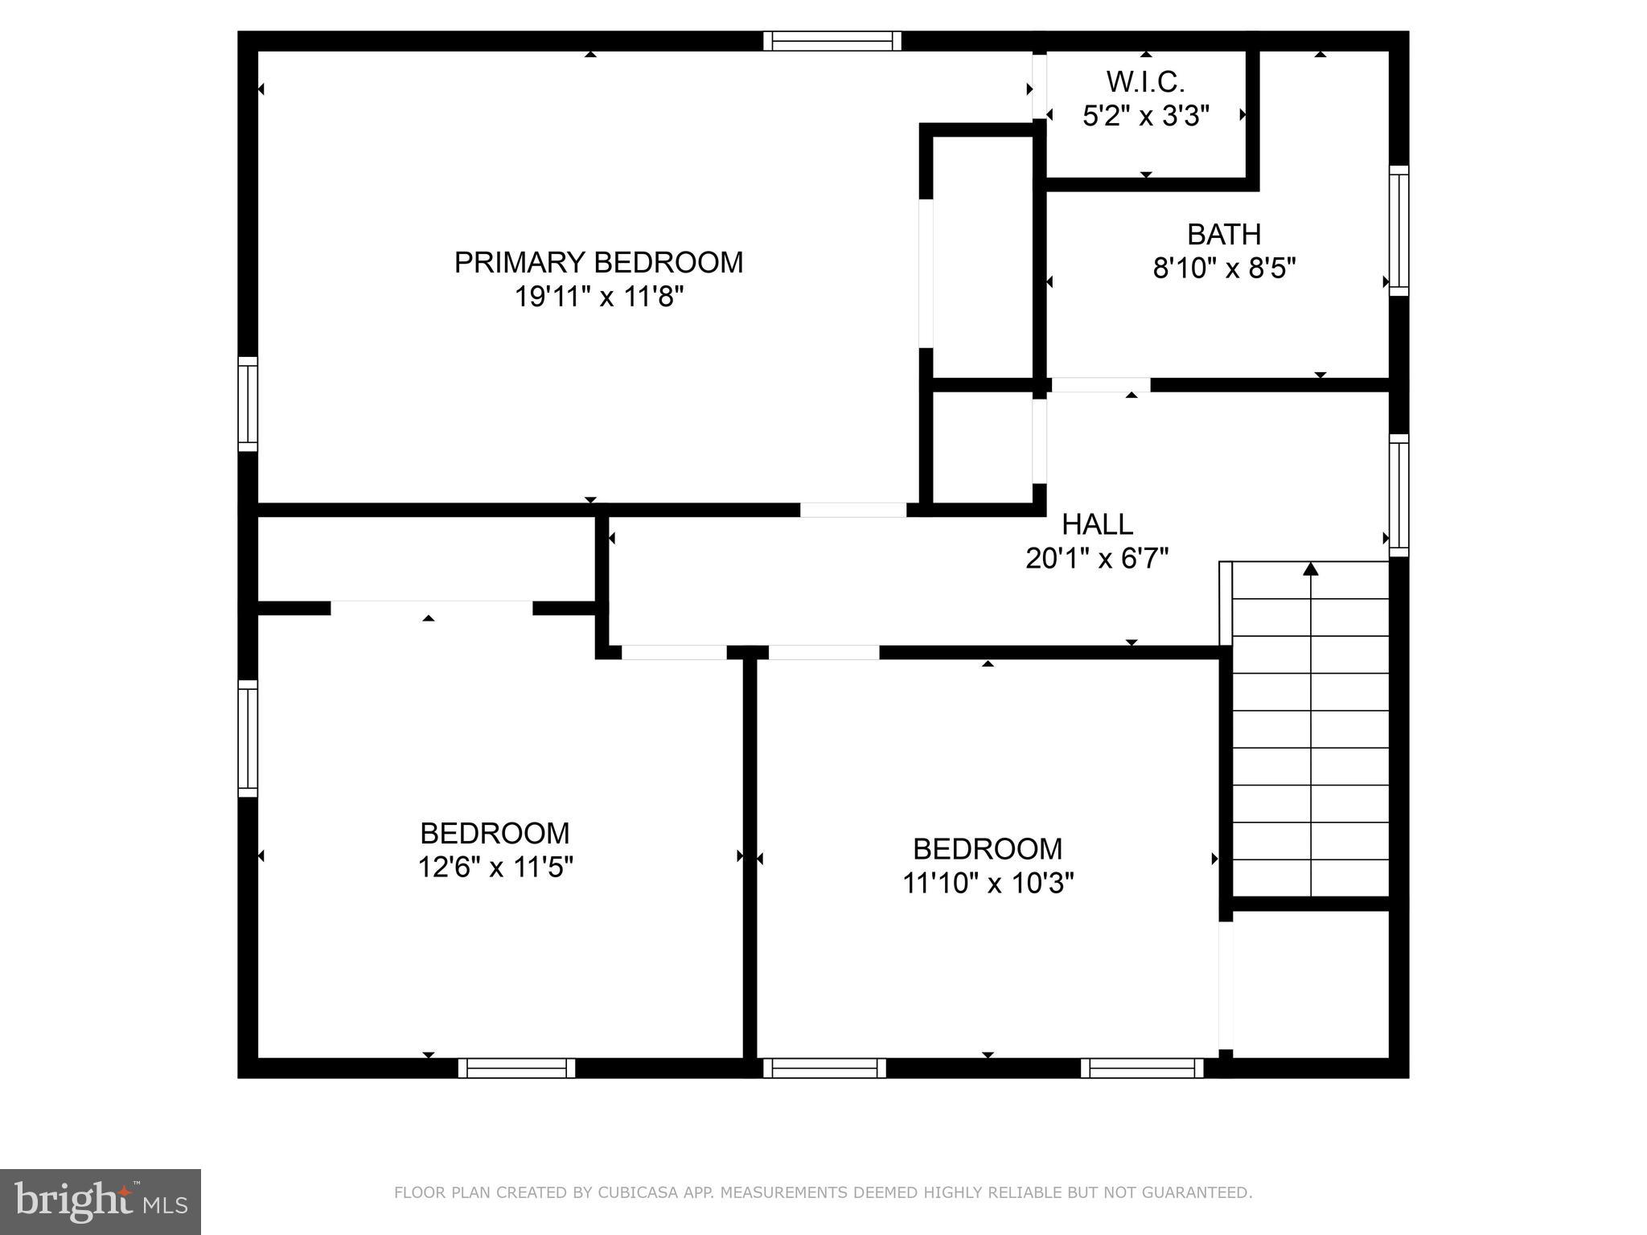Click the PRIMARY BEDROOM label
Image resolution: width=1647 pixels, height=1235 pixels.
pos(598,263)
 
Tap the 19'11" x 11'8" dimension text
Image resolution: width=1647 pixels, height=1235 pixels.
pos(598,297)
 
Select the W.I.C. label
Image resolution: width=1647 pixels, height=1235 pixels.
pos(1145,82)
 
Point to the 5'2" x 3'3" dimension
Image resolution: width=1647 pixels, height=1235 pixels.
pos(1145,117)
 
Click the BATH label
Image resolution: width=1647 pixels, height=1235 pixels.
pos(1223,234)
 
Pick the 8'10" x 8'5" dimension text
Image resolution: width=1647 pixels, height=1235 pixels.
pos(1224,269)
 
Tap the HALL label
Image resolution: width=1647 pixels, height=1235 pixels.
pos(1097,524)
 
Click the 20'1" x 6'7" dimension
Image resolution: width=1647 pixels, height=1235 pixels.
pos(1097,558)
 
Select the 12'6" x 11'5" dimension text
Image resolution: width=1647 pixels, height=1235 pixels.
pos(495,868)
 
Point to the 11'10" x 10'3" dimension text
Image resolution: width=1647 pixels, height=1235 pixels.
pos(988,884)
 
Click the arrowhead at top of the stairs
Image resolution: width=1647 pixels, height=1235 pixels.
pos(1311,569)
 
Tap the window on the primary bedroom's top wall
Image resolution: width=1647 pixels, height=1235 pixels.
pos(832,41)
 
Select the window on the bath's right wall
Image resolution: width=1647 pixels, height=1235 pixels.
pos(1399,231)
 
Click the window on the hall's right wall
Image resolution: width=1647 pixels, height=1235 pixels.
pos(1399,495)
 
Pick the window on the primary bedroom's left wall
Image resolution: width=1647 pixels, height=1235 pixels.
pos(248,404)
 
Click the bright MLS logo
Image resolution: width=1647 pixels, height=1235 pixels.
pos(101,1201)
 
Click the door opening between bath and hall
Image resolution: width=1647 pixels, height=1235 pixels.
pos(1100,385)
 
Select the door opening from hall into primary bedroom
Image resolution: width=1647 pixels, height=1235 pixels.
pos(852,510)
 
